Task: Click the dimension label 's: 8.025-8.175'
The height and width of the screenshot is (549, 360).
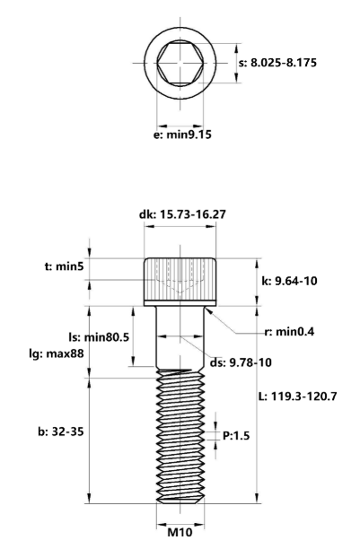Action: click(x=283, y=63)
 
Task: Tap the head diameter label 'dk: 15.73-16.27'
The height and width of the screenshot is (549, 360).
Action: click(x=180, y=214)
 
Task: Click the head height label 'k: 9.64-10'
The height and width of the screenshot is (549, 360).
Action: click(x=288, y=281)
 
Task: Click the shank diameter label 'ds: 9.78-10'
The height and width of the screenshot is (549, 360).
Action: click(x=241, y=362)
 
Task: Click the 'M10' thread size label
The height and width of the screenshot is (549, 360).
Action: click(x=180, y=530)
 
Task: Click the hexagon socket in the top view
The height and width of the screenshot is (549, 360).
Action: click(x=180, y=63)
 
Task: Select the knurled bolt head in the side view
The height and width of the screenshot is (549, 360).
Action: click(x=180, y=280)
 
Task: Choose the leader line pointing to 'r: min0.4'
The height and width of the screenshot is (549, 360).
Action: click(x=235, y=322)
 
